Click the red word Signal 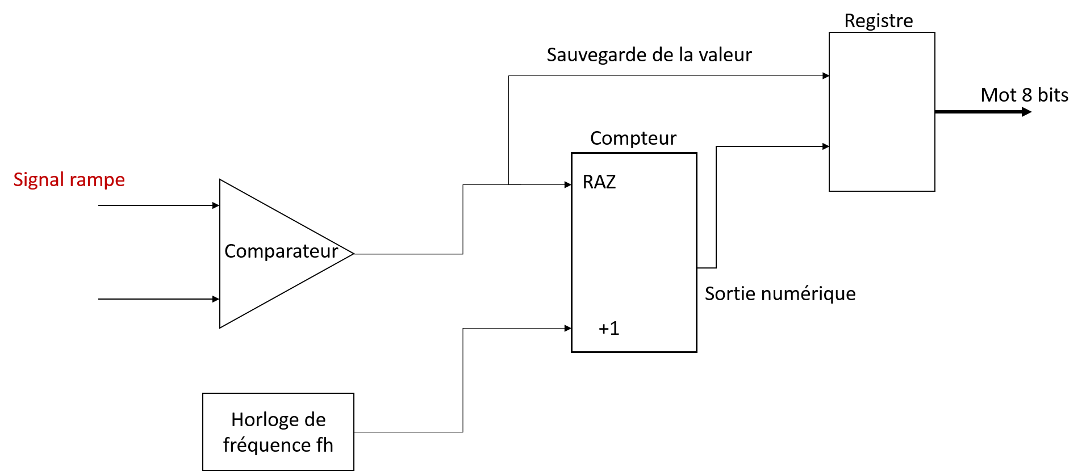coord(38,180)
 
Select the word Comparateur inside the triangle coord(281,251)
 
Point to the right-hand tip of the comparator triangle coord(352,253)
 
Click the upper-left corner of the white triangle coord(222,182)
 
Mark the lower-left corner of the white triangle coord(222,325)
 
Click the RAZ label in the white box coord(599,182)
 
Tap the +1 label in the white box coord(609,329)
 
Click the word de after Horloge coord(315,420)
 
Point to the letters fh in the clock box coord(325,445)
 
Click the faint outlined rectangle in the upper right coord(882,112)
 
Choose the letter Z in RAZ coord(611,182)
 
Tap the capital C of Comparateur coord(230,251)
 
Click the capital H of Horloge coord(237,420)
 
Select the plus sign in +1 coord(603,329)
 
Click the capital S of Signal coord(18,180)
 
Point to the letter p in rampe coord(108,182)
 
